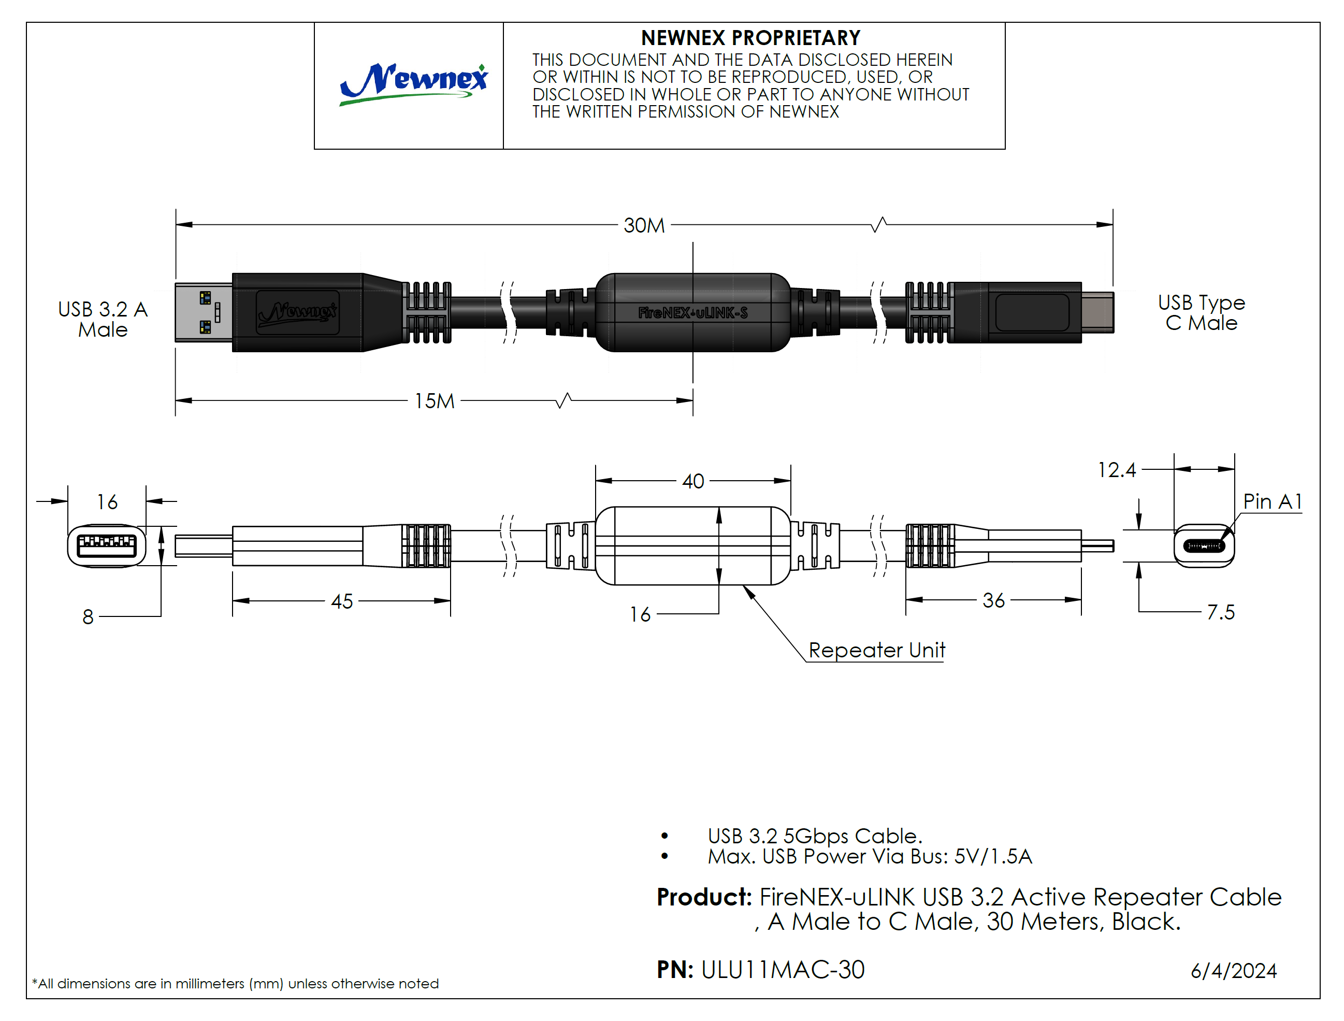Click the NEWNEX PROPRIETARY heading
(750, 38)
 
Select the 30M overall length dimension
(644, 225)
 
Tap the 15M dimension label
(434, 401)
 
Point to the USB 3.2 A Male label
(103, 319)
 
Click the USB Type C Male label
(1201, 312)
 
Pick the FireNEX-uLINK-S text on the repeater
(692, 313)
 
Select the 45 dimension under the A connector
(341, 601)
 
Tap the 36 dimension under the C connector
(993, 600)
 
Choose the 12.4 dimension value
(1116, 470)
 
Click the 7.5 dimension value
(1220, 612)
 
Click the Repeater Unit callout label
(877, 650)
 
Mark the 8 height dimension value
(88, 617)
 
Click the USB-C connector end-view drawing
(1204, 546)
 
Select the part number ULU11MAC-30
(783, 970)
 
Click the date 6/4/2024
(1233, 971)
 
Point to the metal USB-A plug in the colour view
(204, 312)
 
